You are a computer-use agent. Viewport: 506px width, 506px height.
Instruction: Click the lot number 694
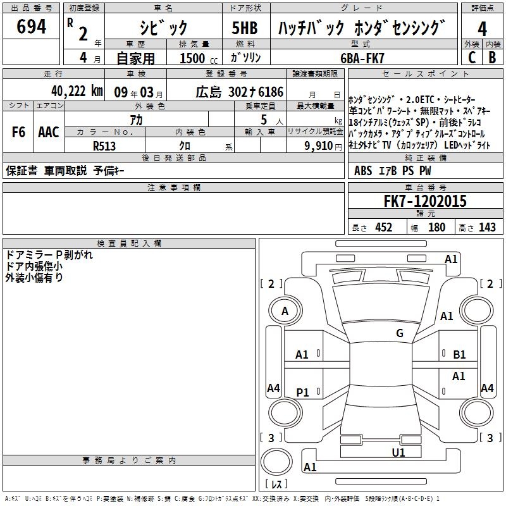pos(31,26)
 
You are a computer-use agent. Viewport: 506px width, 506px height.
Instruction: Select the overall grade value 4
pos(482,28)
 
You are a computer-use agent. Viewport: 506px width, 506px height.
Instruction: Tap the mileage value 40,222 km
pos(77,91)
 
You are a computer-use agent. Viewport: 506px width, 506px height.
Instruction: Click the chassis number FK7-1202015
pos(425,201)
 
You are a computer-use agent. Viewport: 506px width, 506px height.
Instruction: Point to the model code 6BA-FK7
pos(362,58)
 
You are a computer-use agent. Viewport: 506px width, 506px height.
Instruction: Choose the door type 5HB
pos(245,28)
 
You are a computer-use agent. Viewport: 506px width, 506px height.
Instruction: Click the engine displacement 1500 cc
pos(199,58)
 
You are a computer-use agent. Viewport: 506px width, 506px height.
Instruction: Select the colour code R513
pos(104,146)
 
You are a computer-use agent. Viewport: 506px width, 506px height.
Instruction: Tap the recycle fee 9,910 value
pos(319,146)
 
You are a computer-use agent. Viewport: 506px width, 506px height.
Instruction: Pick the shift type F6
pos(18,132)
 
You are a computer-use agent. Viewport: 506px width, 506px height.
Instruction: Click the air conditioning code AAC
pos(49,132)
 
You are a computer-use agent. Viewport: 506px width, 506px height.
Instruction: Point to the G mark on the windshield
pos(400,333)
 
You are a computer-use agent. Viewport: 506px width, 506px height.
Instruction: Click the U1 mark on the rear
pos(398,452)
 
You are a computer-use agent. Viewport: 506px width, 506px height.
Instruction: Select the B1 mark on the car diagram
pos(459,355)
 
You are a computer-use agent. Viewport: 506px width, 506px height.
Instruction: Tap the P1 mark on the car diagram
pos(302,392)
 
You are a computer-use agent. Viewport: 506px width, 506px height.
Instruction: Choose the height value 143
pos(487,227)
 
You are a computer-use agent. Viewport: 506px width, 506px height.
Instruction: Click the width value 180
pos(436,227)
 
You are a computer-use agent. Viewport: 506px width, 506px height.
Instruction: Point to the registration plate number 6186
pos(271,92)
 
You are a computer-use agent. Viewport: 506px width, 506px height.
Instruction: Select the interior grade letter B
pos(492,58)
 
